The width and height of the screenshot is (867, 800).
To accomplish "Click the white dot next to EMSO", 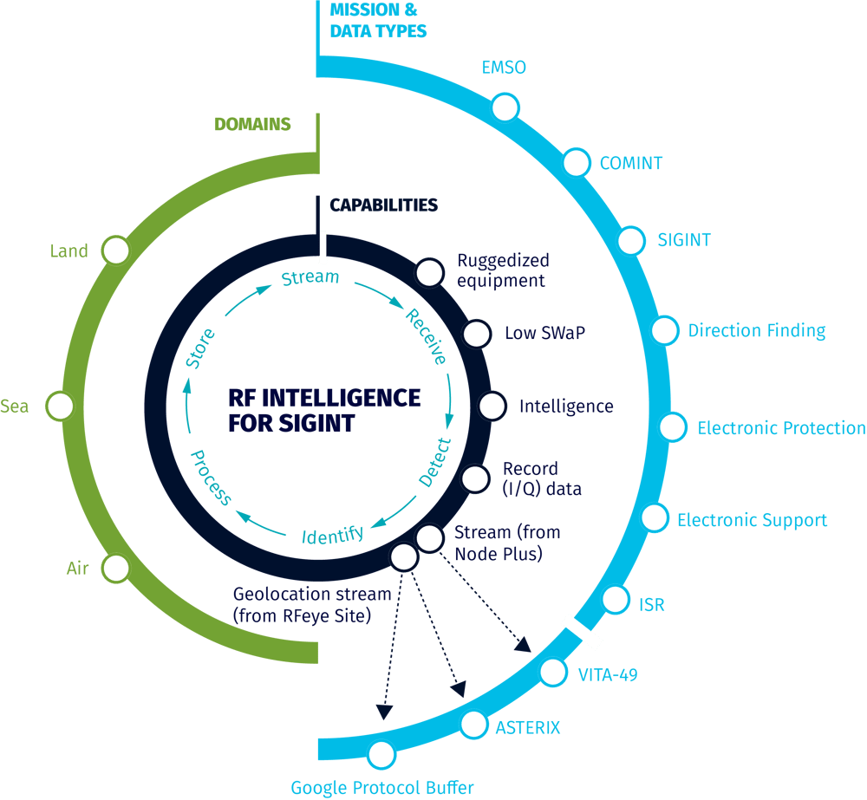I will [x=503, y=108].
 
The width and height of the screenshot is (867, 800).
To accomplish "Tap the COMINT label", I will [x=631, y=163].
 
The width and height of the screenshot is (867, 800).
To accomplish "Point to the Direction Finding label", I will [x=757, y=330].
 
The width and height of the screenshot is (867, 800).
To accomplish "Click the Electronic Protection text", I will [x=781, y=427].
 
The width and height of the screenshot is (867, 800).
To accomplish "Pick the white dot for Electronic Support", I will [x=654, y=517].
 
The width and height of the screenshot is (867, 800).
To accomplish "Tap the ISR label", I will [x=651, y=603].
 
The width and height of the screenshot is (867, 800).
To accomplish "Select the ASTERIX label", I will [x=527, y=726].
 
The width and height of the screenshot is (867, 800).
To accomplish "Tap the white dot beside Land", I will [x=115, y=250].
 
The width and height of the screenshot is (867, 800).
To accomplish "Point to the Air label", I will [x=78, y=569].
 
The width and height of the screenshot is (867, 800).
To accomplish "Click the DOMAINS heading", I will [x=252, y=124].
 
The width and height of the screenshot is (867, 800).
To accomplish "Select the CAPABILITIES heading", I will [x=383, y=205].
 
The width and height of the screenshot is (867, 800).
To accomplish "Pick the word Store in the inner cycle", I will [x=200, y=348].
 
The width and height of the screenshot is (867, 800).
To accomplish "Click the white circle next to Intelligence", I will [x=492, y=406].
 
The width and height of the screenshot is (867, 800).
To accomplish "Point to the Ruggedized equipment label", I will [x=502, y=270].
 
